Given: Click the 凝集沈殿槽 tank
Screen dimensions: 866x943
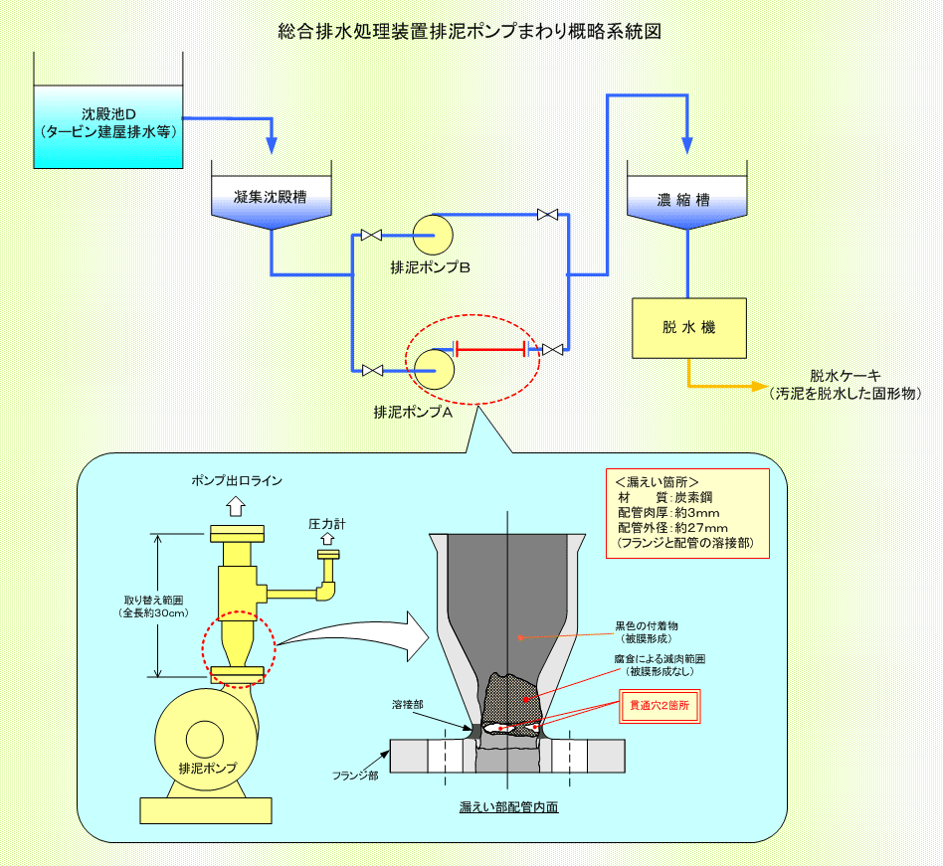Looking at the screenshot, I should click(x=271, y=197).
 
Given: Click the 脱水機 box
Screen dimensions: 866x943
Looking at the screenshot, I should click(x=688, y=328).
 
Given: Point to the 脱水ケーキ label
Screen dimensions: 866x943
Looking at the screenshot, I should click(x=845, y=376).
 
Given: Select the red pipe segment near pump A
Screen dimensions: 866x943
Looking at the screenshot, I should click(x=490, y=349).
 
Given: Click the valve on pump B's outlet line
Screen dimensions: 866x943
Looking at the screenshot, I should click(x=546, y=215).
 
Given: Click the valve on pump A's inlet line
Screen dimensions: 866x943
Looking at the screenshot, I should click(x=373, y=370).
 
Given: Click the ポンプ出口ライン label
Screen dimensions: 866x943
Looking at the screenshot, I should click(x=237, y=480).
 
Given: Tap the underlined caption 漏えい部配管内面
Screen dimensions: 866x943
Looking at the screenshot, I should click(x=508, y=806).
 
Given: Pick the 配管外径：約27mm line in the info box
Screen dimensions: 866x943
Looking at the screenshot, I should click(x=672, y=527).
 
